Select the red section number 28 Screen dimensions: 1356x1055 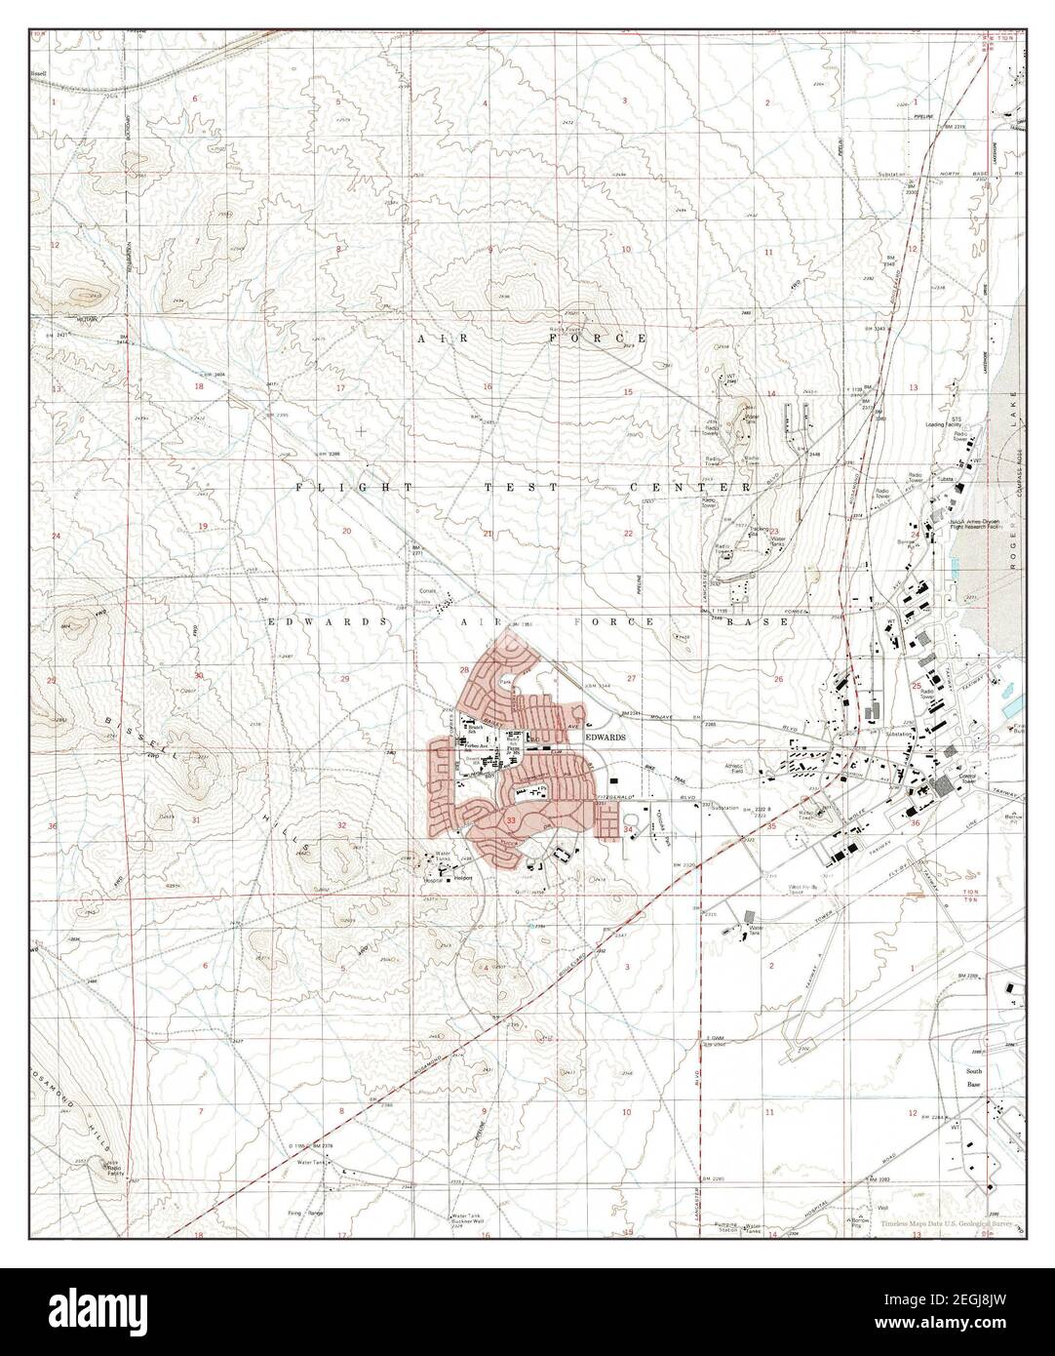[465, 670]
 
